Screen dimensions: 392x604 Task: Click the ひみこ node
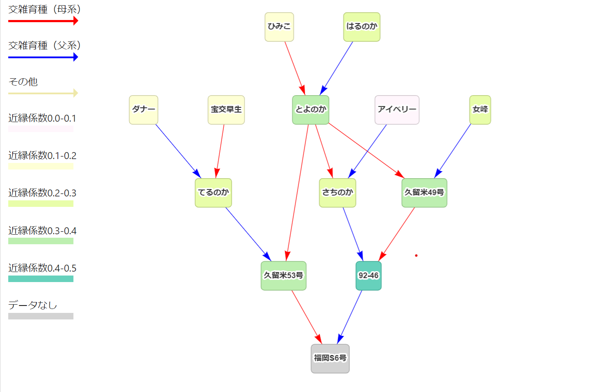[x=279, y=27]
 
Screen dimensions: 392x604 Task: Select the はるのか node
[x=362, y=27]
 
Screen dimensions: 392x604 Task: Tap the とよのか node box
[x=310, y=110]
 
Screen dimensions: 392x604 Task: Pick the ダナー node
[x=143, y=110]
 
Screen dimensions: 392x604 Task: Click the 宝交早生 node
[x=226, y=110]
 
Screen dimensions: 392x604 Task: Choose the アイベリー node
[x=397, y=110]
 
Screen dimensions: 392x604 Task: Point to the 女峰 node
[x=480, y=110]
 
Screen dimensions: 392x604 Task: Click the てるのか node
[x=213, y=193]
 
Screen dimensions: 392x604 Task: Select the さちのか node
[x=337, y=193]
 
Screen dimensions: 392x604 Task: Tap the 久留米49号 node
[x=424, y=193]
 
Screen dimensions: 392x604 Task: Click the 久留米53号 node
[x=283, y=276]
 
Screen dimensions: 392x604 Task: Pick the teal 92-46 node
[x=368, y=276]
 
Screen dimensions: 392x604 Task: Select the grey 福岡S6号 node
[x=330, y=359]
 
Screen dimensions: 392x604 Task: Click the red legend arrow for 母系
[x=43, y=21]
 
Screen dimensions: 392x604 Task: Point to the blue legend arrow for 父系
[x=43, y=57]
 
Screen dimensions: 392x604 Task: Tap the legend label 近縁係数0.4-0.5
[x=42, y=268]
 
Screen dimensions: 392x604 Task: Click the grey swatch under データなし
[x=41, y=316]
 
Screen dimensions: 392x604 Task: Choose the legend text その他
[x=23, y=82]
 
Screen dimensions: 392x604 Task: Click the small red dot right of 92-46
[x=416, y=256]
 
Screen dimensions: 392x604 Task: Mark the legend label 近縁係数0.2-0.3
[x=42, y=193]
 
